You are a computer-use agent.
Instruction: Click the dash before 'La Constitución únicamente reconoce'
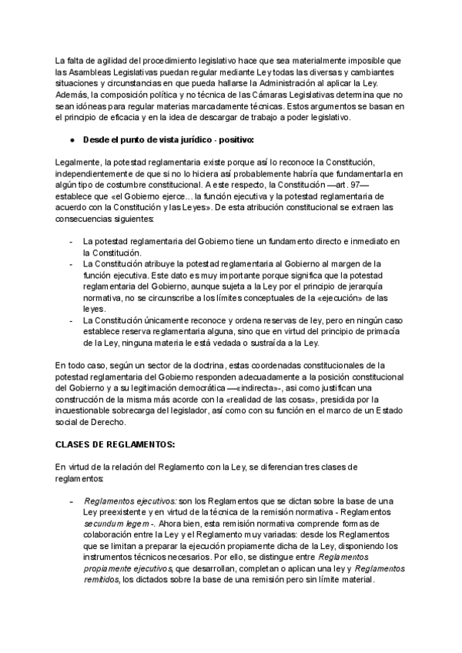point(72,321)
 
